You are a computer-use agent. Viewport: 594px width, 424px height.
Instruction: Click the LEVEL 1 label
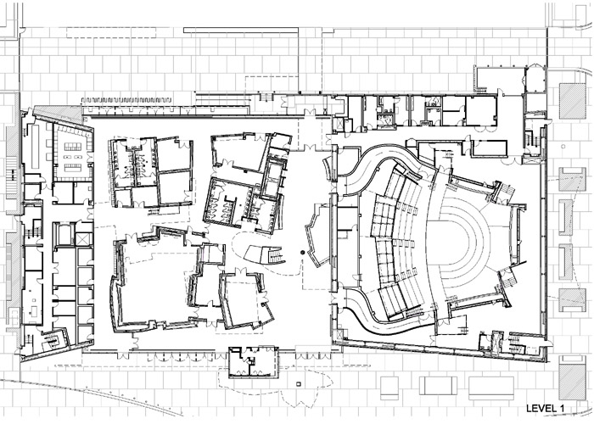pos(545,409)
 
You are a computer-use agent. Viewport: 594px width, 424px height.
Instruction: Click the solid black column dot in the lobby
pos(302,253)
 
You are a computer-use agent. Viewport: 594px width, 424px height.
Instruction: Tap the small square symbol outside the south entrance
pos(300,384)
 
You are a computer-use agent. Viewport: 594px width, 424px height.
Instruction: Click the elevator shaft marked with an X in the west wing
pos(84,239)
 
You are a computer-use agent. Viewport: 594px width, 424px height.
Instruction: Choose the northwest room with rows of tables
pos(73,153)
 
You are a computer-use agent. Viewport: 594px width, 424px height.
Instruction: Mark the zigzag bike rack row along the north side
pos(127,100)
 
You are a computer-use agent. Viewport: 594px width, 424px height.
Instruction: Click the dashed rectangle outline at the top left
pos(111,32)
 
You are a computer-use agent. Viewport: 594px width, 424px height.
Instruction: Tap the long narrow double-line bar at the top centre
pos(240,31)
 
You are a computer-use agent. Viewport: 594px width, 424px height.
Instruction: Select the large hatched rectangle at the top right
pos(573,101)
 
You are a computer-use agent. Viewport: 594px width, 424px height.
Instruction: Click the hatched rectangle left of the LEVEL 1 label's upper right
pos(573,377)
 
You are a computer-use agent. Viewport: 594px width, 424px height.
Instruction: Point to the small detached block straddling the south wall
pos(254,362)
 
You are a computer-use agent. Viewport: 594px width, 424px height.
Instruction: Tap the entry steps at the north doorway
pos(266,97)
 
